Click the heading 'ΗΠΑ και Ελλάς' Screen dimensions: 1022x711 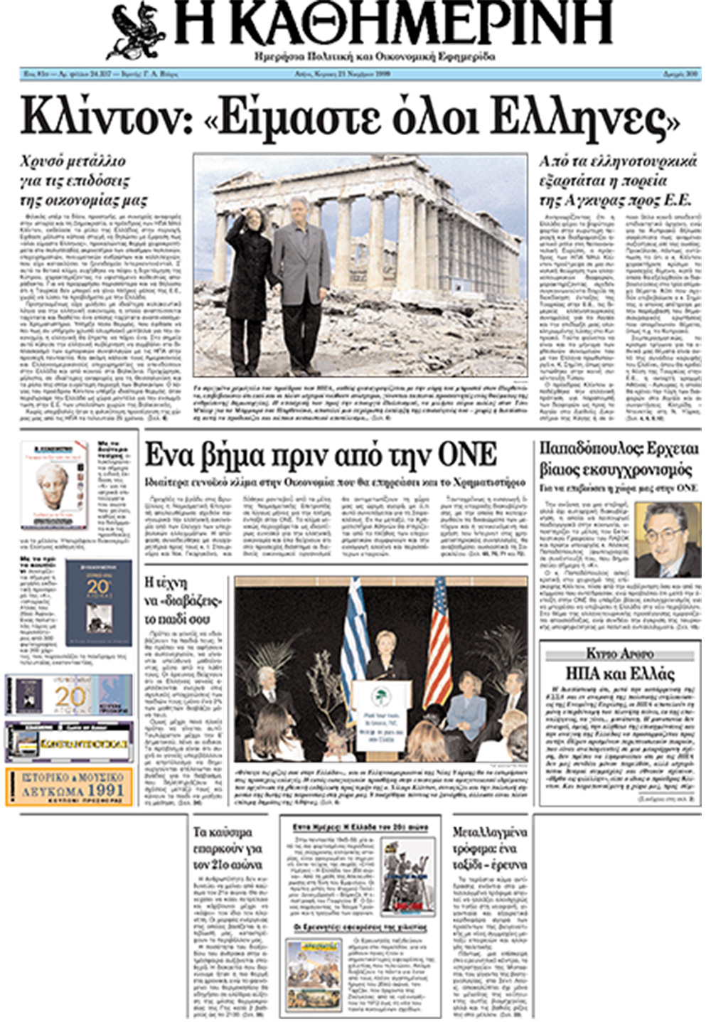point(619,674)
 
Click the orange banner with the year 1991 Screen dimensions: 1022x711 point(69,787)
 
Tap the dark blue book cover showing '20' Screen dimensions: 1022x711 point(98,602)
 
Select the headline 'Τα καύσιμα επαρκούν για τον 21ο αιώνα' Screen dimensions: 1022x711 point(228,848)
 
